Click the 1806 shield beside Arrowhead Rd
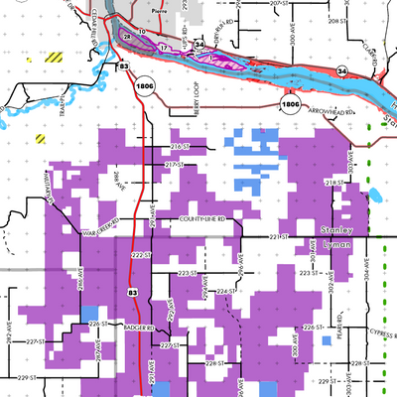pos(290,103)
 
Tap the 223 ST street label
pos(187,272)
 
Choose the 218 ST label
pos(332,183)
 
